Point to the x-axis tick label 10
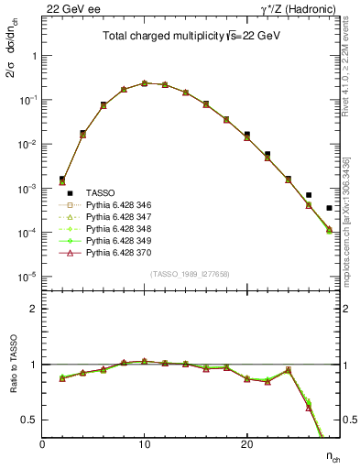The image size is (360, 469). tap(144, 444)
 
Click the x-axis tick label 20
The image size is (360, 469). tap(246, 444)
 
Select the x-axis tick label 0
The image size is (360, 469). tap(42, 444)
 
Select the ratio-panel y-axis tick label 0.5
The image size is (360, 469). tap(29, 420)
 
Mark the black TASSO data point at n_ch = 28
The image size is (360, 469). tap(329, 208)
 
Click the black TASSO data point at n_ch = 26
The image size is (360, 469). tap(309, 195)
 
